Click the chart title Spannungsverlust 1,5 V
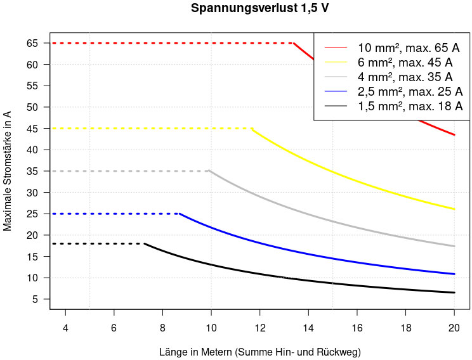(259, 9)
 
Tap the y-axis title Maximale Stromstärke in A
(8, 170)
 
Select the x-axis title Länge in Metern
(259, 350)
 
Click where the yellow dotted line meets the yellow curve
(252, 129)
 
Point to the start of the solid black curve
(145, 243)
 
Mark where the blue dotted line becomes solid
(180, 214)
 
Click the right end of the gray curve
(454, 246)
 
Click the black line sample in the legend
(336, 106)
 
